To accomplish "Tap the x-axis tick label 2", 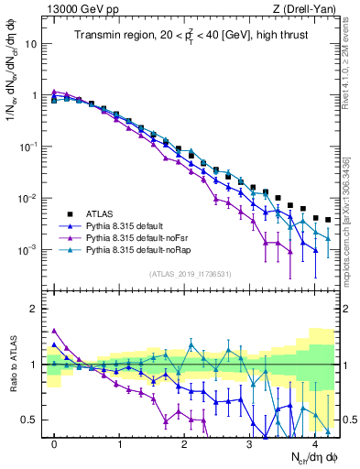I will tap(185, 442).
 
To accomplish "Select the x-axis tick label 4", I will tap(315, 442).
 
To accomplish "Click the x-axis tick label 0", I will tap(55, 442).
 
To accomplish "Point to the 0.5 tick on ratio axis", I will tap(29, 420).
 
